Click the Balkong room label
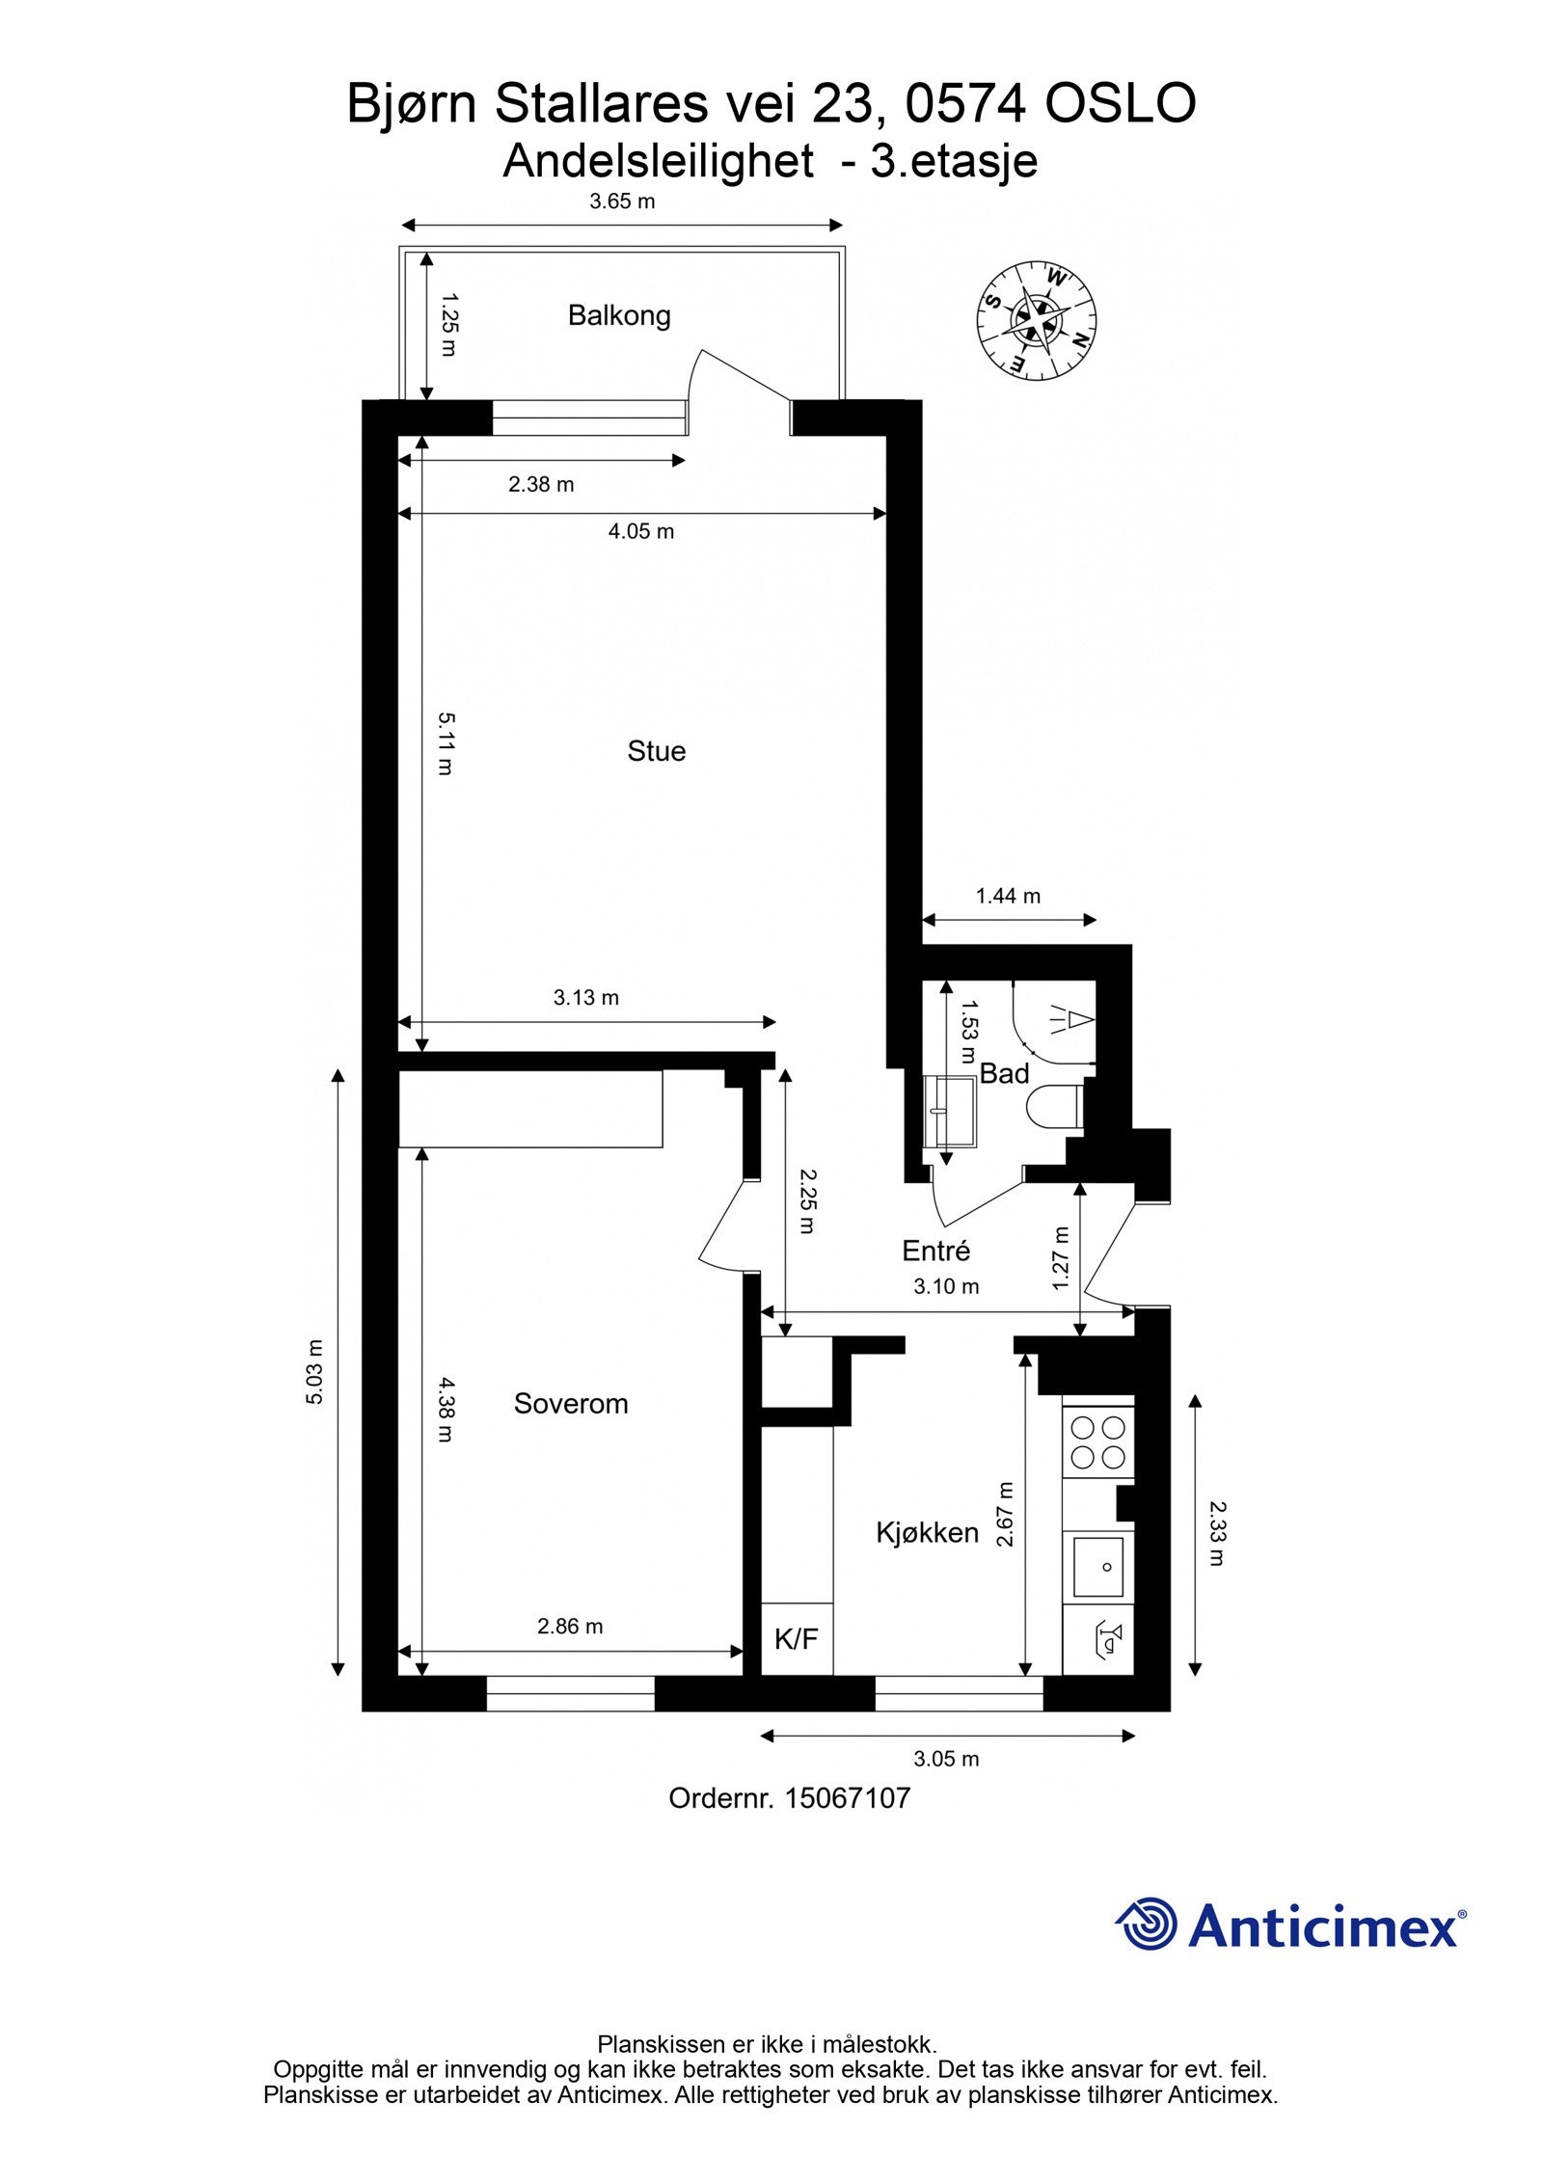coord(618,315)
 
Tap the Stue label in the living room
coord(656,751)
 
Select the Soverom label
coord(570,1403)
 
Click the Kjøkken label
coord(927,1532)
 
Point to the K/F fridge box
coord(797,1638)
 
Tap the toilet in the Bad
coord(1054,1107)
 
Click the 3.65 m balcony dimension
coord(622,202)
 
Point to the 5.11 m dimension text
coord(445,743)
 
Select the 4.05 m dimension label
coord(640,531)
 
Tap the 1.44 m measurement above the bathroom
coord(1008,896)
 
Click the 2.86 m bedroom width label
coord(570,1627)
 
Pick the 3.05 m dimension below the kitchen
coord(946,1759)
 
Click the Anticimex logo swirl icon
coord(1148,1925)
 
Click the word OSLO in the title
coord(1121,104)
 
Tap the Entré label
coord(935,1251)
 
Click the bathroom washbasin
coord(949,1111)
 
